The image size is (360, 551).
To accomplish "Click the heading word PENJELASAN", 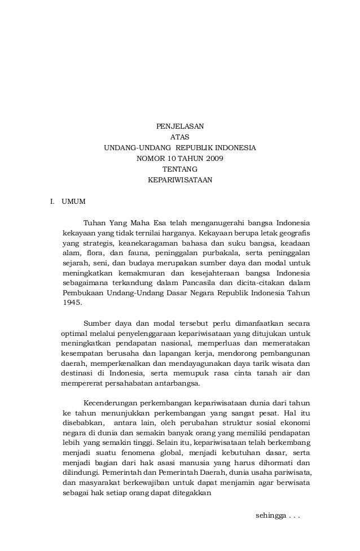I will point(179,126).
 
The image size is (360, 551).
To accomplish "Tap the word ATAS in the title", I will point(179,137).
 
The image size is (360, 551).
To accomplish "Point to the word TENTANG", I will point(179,169).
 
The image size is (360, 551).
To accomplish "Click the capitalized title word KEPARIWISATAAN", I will point(179,181).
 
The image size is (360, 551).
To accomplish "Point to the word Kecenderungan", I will point(111,404).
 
